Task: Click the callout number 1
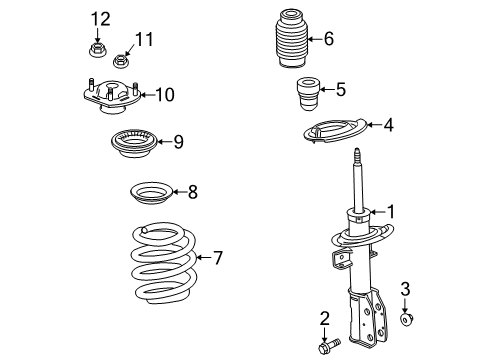point(392,211)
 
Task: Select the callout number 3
point(405,290)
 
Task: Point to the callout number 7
point(217,258)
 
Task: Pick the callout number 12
point(98,18)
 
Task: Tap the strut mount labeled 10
point(110,98)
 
